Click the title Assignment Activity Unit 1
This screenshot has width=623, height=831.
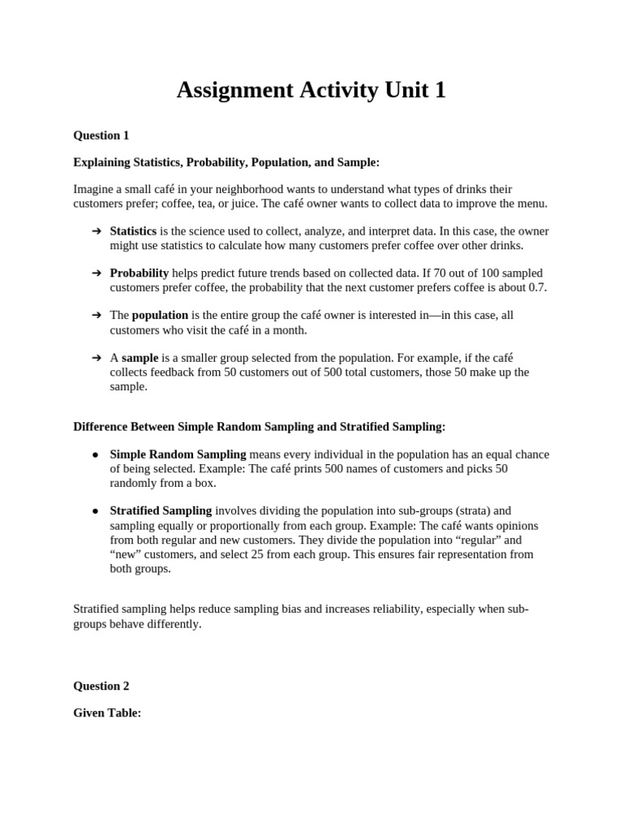pos(311,90)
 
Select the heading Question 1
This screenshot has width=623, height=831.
pos(101,136)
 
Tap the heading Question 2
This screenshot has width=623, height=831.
pos(101,686)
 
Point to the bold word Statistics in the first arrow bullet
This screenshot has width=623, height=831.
pos(133,231)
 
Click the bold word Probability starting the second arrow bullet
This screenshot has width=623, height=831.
pos(140,273)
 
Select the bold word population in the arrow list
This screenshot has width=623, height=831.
pos(160,315)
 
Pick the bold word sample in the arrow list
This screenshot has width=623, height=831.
pos(140,357)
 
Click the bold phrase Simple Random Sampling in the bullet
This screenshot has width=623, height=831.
pos(178,454)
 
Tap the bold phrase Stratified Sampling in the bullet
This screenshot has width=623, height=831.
pos(161,510)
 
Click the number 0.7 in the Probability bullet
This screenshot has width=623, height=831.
pos(538,287)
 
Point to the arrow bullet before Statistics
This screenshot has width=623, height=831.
pos(97,231)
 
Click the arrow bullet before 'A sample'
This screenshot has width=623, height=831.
pos(97,357)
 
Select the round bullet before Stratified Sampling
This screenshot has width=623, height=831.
pos(96,511)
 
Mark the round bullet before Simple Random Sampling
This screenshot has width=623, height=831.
pos(96,454)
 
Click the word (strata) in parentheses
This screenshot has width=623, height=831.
pos(473,510)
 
